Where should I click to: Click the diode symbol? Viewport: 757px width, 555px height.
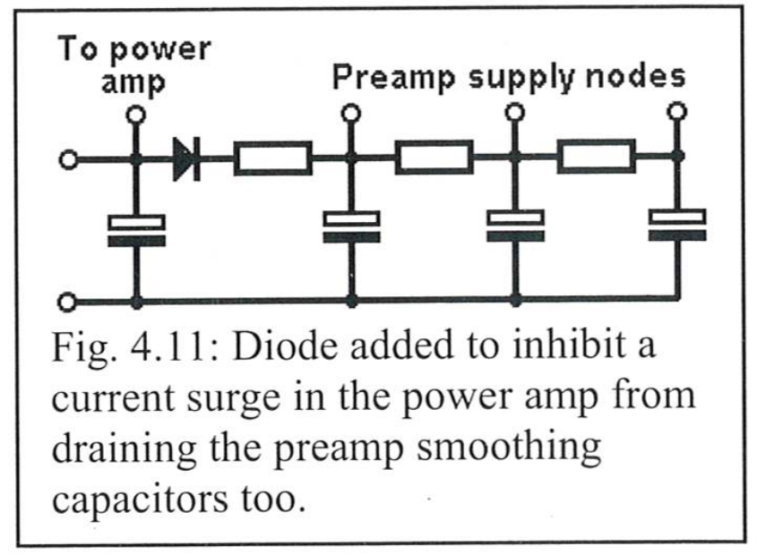tap(187, 158)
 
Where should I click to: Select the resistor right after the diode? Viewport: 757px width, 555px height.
tap(272, 158)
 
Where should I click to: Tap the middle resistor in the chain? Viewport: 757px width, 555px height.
tap(434, 157)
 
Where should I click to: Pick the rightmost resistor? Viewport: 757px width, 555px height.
tap(597, 156)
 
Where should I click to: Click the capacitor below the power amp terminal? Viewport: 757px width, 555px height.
tap(137, 231)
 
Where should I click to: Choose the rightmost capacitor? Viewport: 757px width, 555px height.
tap(677, 225)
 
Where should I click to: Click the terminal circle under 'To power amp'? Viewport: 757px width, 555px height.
tap(135, 115)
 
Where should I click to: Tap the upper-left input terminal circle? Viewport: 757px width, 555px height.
tap(69, 159)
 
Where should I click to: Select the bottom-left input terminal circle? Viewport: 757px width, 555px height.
tap(67, 303)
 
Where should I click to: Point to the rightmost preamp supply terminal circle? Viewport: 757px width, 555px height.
tap(677, 112)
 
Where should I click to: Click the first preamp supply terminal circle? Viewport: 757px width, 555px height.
tap(351, 114)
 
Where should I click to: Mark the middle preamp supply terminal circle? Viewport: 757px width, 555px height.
tap(514, 113)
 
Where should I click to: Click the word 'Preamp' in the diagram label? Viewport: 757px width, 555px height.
tap(394, 78)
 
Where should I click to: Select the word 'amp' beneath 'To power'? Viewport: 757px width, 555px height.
tap(133, 83)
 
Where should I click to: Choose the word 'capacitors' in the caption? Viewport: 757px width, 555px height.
tap(140, 499)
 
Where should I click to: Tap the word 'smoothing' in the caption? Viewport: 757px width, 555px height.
tap(510, 448)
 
